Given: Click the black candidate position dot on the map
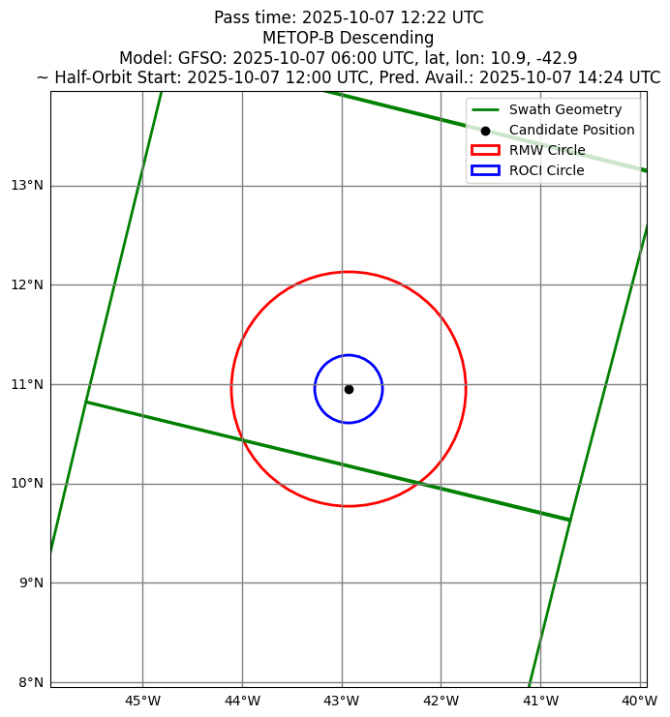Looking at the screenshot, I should pos(349,389).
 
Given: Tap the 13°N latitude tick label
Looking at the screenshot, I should pos(25,186).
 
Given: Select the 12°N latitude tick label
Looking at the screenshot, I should pos(25,285).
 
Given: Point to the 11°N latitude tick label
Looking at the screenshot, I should pos(25,384).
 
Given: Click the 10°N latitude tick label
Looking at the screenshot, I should pos(25,484).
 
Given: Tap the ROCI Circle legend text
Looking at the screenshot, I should pos(547,170).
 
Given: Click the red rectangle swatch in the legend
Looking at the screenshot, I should pos(485,150).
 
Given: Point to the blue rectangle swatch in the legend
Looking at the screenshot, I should pos(485,170).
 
